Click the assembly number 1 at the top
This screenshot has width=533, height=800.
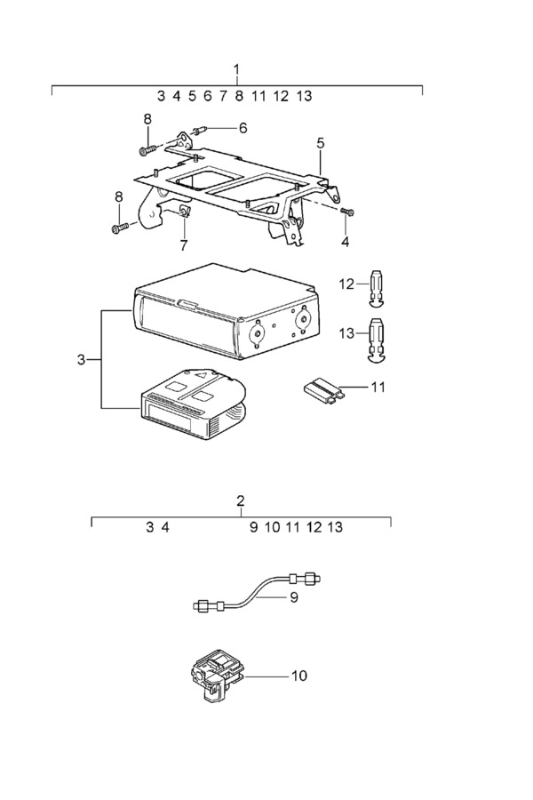(x=236, y=68)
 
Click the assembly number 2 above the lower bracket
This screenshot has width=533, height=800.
(x=241, y=500)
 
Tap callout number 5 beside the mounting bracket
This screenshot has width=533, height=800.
(x=320, y=143)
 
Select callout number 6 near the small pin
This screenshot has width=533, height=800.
(x=243, y=128)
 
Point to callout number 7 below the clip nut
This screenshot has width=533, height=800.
(x=184, y=245)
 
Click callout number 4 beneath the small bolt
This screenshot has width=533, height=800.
(x=346, y=243)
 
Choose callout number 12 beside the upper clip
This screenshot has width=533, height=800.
(x=346, y=284)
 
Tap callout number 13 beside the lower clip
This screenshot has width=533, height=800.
(x=346, y=333)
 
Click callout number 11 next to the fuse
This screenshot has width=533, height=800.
(x=378, y=388)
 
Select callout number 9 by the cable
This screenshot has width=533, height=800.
(x=294, y=597)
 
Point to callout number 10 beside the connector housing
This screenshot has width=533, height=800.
(x=299, y=676)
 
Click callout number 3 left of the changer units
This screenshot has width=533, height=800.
(x=81, y=360)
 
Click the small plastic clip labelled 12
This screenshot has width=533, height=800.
(x=378, y=288)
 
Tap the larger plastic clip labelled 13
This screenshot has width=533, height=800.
(x=378, y=340)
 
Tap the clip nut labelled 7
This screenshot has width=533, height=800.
(x=184, y=212)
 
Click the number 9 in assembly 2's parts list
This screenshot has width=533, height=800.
(x=253, y=527)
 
